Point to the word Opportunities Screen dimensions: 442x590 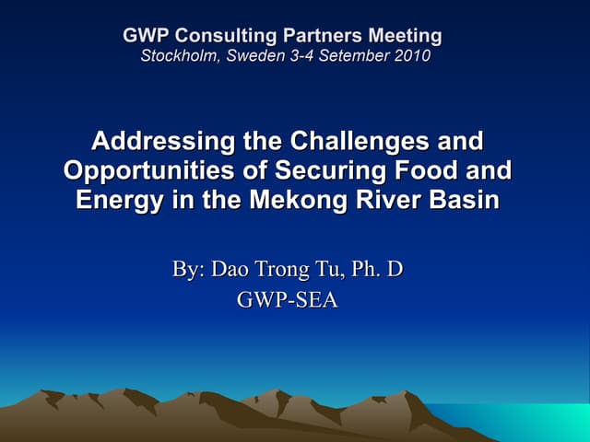[147, 171]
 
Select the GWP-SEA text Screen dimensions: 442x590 [288, 301]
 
